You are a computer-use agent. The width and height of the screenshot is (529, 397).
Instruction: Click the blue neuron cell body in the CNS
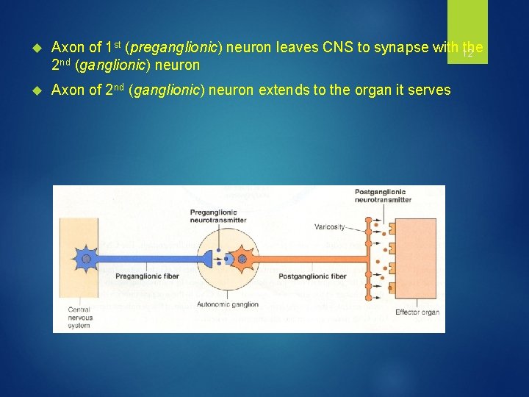pos(86,259)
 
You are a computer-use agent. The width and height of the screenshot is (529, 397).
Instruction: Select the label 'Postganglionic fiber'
pos(318,277)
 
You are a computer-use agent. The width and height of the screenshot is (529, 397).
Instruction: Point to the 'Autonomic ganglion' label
pos(228,304)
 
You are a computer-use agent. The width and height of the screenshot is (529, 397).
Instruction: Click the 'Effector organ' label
pos(417,312)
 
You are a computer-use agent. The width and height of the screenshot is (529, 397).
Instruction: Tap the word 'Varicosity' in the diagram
pos(329,226)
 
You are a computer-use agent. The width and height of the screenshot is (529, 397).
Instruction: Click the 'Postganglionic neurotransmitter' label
pos(380,196)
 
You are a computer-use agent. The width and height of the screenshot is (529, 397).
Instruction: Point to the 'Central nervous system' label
pos(79,318)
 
